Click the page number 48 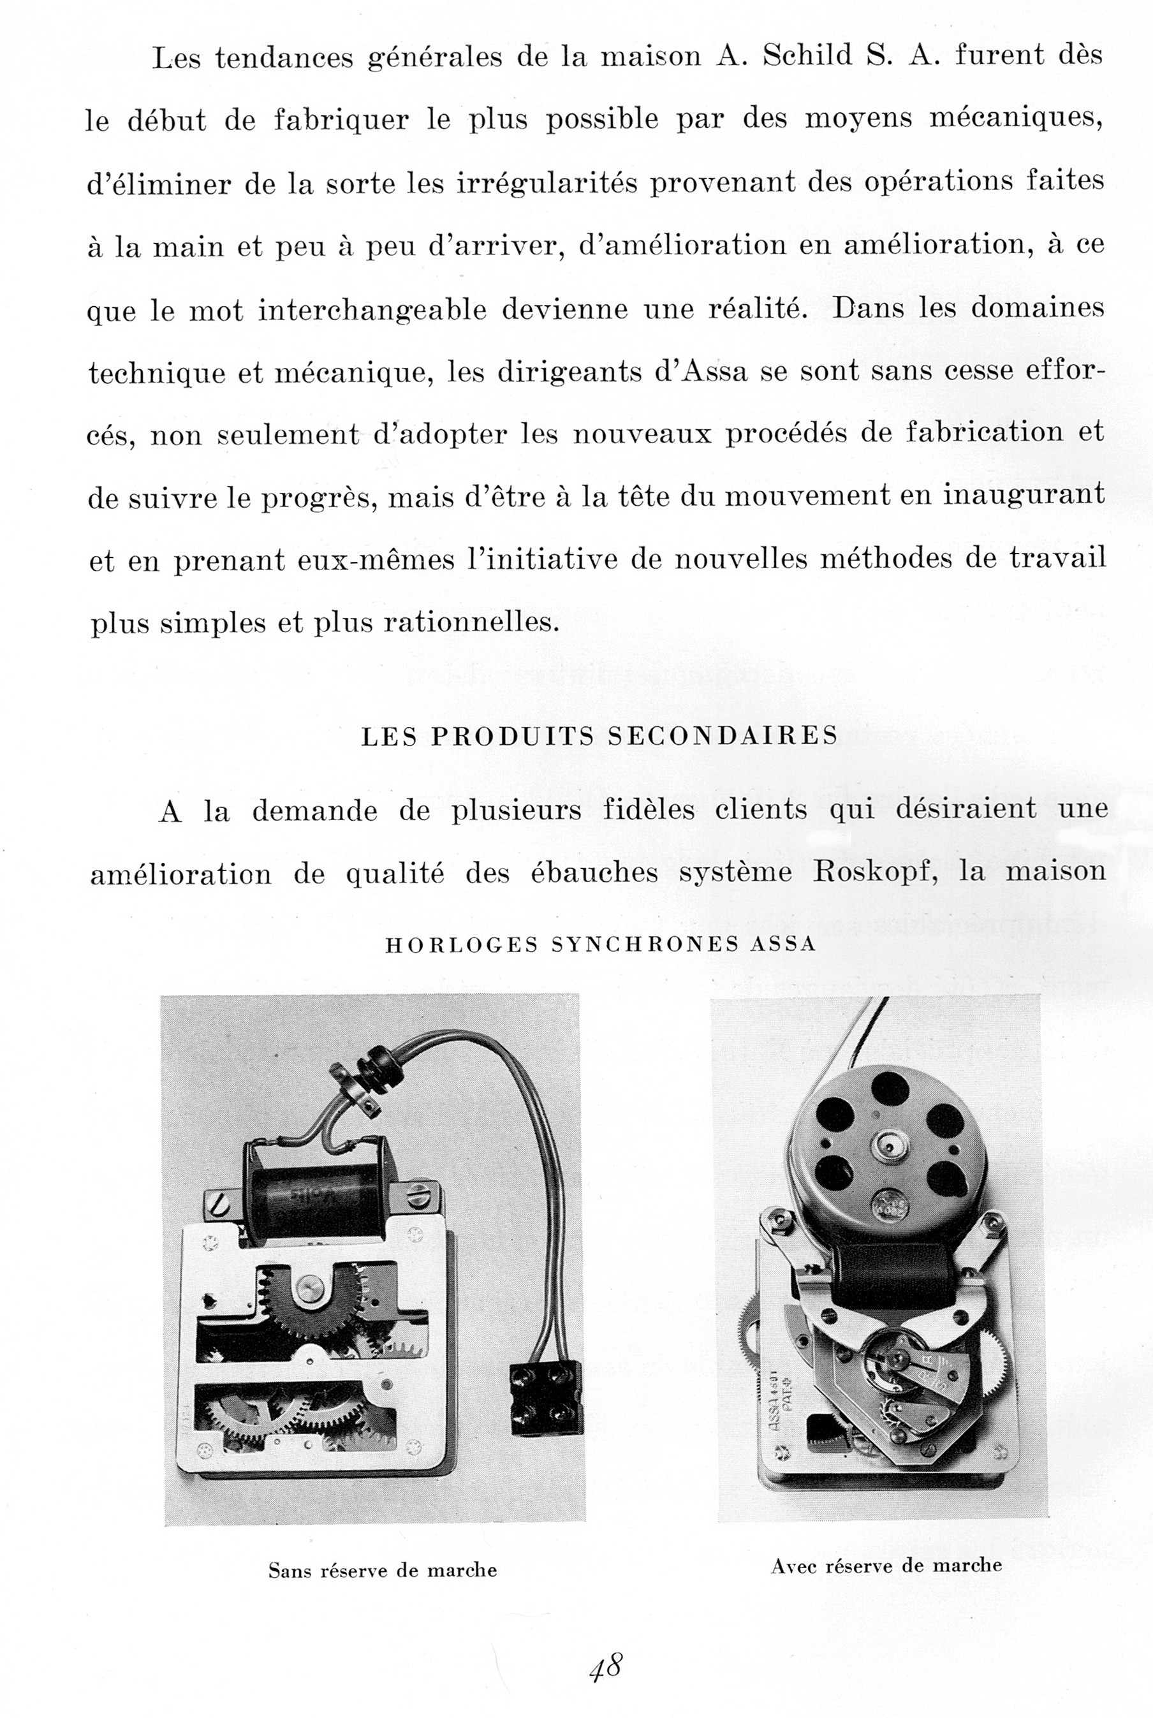pos(606,1647)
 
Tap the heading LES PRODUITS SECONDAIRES pos(599,736)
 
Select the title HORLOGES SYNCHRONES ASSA pos(600,944)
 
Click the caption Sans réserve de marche pos(383,1570)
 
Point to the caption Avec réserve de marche pos(886,1565)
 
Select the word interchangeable pos(372,309)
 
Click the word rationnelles pos(467,622)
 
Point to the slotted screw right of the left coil pos(420,1189)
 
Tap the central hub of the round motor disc pos(888,1145)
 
